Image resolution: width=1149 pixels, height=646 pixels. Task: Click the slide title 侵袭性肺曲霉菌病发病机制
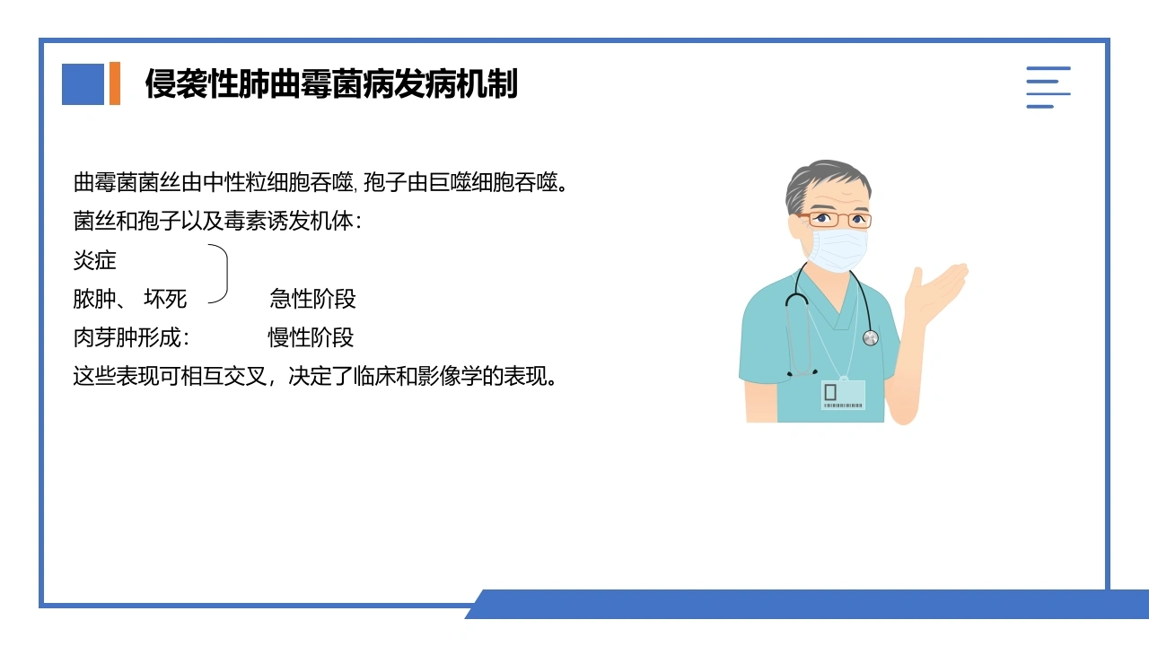[331, 83]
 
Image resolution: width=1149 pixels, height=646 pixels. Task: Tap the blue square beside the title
[83, 84]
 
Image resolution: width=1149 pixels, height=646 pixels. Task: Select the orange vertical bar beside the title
[115, 83]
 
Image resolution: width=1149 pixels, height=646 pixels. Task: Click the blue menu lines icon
[1048, 87]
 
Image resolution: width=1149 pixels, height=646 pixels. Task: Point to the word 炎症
[95, 260]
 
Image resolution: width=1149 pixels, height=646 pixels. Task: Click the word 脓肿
[95, 299]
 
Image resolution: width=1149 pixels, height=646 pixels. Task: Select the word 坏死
[165, 299]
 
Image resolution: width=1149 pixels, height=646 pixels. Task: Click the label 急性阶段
[313, 299]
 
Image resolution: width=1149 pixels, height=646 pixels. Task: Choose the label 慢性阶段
[311, 337]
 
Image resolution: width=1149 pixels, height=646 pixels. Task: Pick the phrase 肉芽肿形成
[127, 337]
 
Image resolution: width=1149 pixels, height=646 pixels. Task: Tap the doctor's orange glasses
[836, 220]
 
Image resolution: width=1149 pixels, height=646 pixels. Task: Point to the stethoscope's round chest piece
[871, 338]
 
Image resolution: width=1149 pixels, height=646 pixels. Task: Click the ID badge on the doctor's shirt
[843, 394]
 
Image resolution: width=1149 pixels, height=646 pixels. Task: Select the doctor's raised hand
[936, 292]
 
